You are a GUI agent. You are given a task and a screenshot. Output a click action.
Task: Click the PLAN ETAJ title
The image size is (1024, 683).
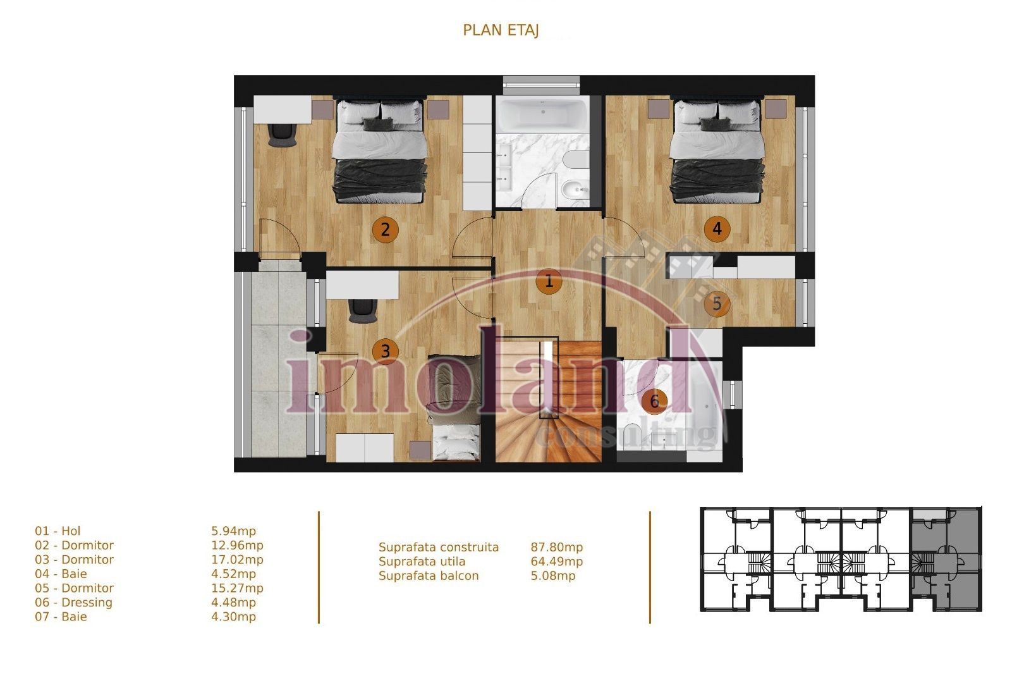tap(501, 30)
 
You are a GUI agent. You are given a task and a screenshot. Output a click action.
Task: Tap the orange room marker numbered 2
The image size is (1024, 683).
tap(385, 230)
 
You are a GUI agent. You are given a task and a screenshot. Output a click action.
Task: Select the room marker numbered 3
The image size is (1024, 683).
tap(385, 350)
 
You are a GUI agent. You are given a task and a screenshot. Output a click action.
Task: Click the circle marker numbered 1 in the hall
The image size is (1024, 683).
tap(549, 281)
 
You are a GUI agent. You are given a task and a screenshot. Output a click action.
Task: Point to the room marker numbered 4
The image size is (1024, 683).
tap(716, 228)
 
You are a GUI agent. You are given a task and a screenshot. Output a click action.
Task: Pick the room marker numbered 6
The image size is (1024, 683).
tap(654, 400)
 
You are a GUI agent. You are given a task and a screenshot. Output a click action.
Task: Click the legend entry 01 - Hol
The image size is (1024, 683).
tap(58, 531)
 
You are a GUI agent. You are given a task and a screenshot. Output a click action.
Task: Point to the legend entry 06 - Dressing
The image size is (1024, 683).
tap(73, 603)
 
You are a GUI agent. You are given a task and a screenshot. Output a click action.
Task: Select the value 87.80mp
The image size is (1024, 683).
tap(556, 547)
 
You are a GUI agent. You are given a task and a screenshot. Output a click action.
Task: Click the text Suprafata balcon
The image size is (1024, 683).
tap(429, 576)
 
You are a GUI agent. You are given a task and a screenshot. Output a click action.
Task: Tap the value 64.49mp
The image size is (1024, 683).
tap(556, 562)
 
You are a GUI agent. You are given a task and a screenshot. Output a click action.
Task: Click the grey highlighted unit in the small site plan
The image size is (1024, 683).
tap(946, 560)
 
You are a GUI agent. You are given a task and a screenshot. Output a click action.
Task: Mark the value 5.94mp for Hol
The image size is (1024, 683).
tap(233, 531)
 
